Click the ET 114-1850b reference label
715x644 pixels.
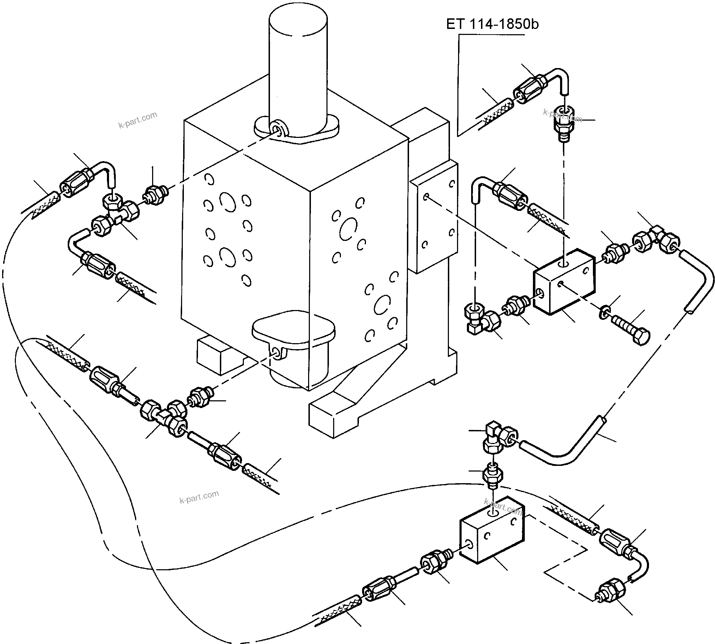(492, 24)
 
